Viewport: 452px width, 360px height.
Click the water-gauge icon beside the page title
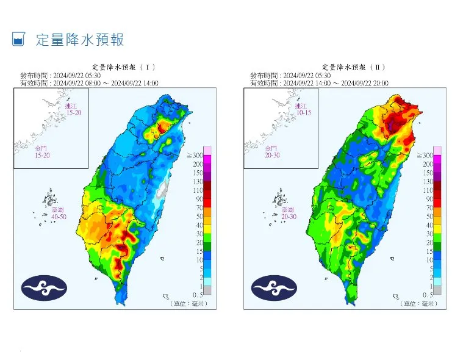click(18, 40)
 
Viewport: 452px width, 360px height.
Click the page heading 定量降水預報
click(80, 40)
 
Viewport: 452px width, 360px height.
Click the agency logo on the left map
click(43, 287)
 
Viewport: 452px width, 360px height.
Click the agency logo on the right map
click(274, 287)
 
